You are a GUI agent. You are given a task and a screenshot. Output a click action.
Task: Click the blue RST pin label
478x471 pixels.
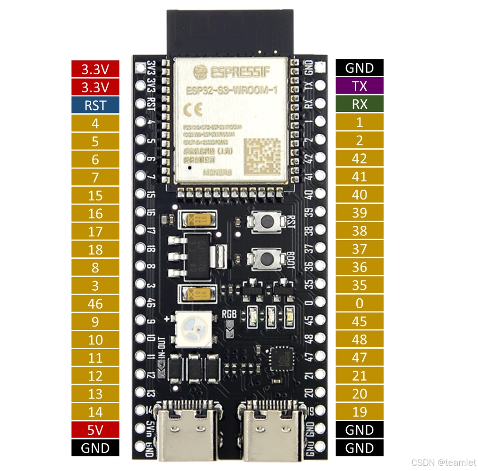95,105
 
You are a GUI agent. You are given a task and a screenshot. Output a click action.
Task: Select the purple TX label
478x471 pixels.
360,86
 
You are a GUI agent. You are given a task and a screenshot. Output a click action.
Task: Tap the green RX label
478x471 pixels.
360,104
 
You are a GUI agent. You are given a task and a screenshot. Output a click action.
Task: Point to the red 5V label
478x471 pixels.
95,430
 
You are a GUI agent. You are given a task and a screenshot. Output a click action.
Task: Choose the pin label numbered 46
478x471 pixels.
95,303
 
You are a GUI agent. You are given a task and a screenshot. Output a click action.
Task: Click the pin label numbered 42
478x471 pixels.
360,159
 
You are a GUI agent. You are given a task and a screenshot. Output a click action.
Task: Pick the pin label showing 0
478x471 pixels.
360,303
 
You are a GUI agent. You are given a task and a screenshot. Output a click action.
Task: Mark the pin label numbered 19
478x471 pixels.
360,412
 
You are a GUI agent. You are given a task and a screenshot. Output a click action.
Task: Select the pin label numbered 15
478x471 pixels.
95,195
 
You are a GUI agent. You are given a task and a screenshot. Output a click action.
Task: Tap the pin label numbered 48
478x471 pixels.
360,340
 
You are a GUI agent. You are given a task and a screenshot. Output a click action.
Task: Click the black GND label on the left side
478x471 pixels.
95,448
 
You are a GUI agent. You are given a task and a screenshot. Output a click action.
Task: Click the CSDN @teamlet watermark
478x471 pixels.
444,463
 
